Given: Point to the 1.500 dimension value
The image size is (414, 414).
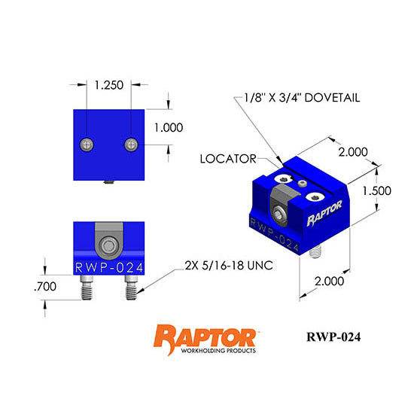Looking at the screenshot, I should [x=376, y=191].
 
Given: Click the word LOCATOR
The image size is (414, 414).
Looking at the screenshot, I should [x=227, y=159].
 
